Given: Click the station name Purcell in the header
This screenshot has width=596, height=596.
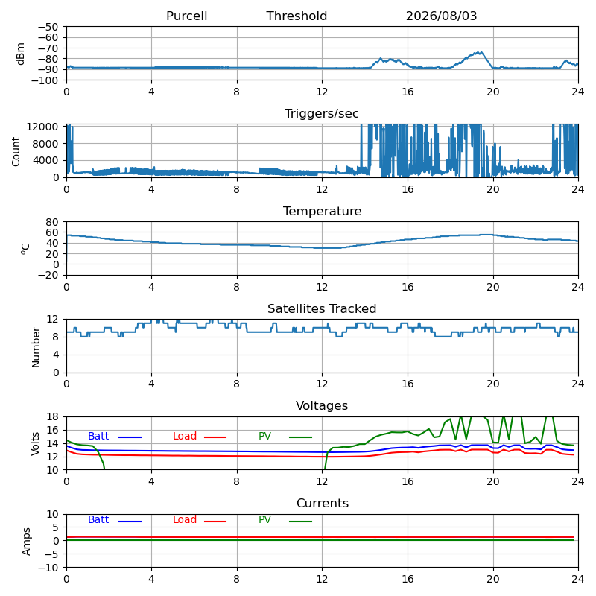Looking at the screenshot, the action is pos(187,16).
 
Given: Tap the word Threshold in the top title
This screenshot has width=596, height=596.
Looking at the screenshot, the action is pos(297,16).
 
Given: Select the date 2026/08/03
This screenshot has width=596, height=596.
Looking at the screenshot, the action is pos(441,16).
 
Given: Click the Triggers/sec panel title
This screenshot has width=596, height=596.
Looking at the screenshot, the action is pos(322,114).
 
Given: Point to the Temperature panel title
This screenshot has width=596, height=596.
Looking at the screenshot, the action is pos(323,211).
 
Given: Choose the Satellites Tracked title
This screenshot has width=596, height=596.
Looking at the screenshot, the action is pos(322,308).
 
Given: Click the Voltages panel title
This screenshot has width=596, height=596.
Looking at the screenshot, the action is pos(322,406).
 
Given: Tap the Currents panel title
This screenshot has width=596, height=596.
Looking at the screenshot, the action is pos(323,504).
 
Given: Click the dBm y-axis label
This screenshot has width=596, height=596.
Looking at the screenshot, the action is pos(21,54).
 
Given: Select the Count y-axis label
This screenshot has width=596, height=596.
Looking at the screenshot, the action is pos(16,151).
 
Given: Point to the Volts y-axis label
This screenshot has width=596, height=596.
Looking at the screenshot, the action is pos(35,443).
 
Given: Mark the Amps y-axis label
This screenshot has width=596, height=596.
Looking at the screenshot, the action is pos(26,542).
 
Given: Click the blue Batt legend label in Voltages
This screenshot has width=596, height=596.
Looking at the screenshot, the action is pos(98,436).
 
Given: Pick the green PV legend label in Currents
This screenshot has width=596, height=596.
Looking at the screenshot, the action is pos(265,519).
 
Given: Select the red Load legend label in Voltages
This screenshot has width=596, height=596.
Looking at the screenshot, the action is pos(185,436).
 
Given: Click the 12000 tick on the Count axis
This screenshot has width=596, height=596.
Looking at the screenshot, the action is pos(42,127).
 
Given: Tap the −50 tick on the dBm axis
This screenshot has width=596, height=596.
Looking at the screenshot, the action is pos(48,27).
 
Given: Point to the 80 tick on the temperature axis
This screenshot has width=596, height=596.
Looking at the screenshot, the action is pos(52,222).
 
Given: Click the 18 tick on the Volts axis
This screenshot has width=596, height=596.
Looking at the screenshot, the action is pos(52,416).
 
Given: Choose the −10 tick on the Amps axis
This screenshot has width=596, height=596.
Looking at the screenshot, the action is pos(48,568).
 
